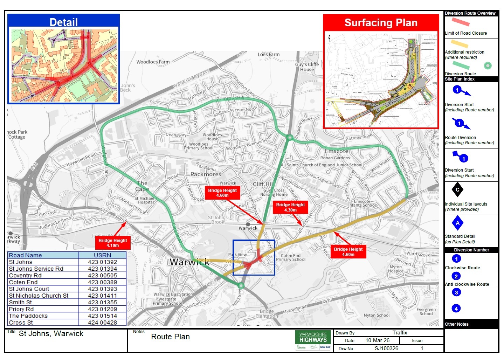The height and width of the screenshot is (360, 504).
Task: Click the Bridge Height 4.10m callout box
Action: [113, 243]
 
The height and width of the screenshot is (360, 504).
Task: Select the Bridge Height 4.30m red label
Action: [290, 207]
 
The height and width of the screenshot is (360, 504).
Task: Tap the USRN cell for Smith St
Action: [102, 302]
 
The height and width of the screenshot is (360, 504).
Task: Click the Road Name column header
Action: [43, 255]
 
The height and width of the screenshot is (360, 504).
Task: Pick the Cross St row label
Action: [21, 323]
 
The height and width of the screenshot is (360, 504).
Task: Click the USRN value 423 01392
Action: [102, 262]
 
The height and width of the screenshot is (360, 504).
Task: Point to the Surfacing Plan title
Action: [381, 23]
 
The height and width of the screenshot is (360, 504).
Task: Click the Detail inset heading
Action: [63, 22]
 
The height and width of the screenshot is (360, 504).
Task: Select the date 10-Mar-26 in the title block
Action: [377, 340]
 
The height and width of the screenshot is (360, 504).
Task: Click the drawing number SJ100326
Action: [386, 348]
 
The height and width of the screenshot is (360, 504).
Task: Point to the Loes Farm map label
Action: [268, 54]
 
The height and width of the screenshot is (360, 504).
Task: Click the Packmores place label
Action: [206, 174]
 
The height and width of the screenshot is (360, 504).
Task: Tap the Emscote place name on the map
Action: [336, 151]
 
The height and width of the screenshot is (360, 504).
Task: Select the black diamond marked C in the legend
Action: [457, 190]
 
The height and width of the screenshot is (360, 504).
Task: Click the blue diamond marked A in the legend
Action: [457, 223]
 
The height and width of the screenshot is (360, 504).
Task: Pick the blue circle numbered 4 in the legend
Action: [456, 309]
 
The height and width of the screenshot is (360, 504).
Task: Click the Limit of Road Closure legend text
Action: [466, 33]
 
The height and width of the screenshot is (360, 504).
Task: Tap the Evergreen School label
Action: [426, 312]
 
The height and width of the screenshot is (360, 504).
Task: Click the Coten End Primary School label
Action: [291, 258]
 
